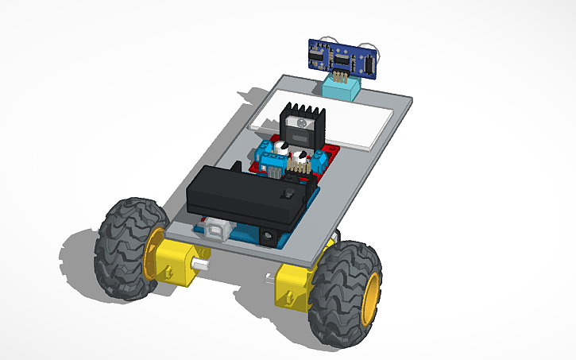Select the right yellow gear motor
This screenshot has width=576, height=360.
point(292,288)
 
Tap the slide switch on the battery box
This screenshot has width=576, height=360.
point(291,194)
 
